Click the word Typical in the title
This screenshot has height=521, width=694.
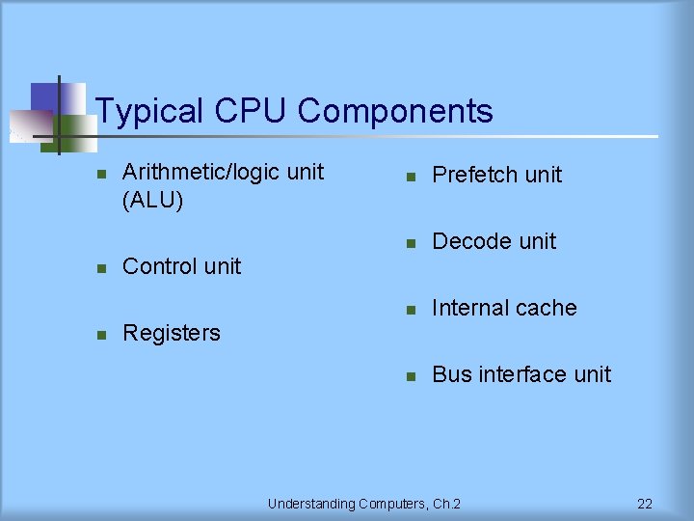pyautogui.click(x=150, y=112)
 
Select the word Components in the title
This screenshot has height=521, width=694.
pyautogui.click(x=395, y=112)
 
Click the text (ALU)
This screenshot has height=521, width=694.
pyautogui.click(x=153, y=201)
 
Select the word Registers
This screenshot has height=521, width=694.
pyautogui.click(x=172, y=333)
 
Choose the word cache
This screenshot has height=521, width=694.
pyautogui.click(x=547, y=308)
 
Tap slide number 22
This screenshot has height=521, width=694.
pyautogui.click(x=645, y=504)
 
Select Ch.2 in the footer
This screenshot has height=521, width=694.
pyautogui.click(x=447, y=504)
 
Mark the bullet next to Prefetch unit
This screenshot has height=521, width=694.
pyautogui.click(x=410, y=176)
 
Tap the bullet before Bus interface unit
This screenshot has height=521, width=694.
pyautogui.click(x=410, y=375)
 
